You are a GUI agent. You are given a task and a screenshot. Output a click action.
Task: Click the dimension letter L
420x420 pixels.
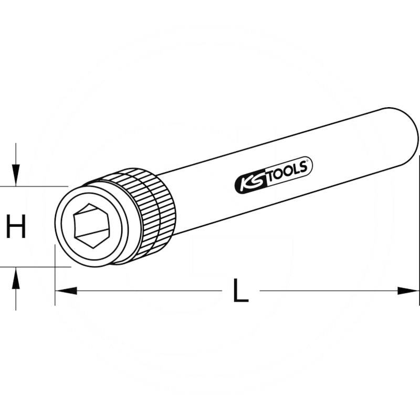tap(240, 290)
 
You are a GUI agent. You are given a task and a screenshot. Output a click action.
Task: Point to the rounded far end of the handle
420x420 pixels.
tap(402, 131)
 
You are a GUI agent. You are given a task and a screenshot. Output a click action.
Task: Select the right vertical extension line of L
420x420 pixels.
tap(419, 236)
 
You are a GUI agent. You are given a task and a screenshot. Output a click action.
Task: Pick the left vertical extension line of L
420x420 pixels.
tap(55, 278)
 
